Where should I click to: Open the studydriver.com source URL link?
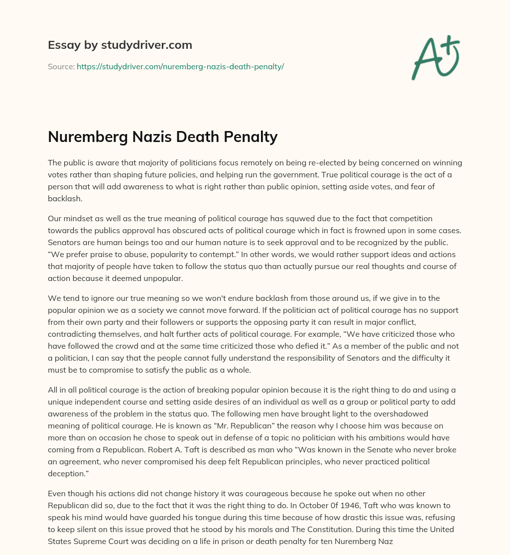point(180,66)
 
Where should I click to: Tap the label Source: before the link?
point(61,66)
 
